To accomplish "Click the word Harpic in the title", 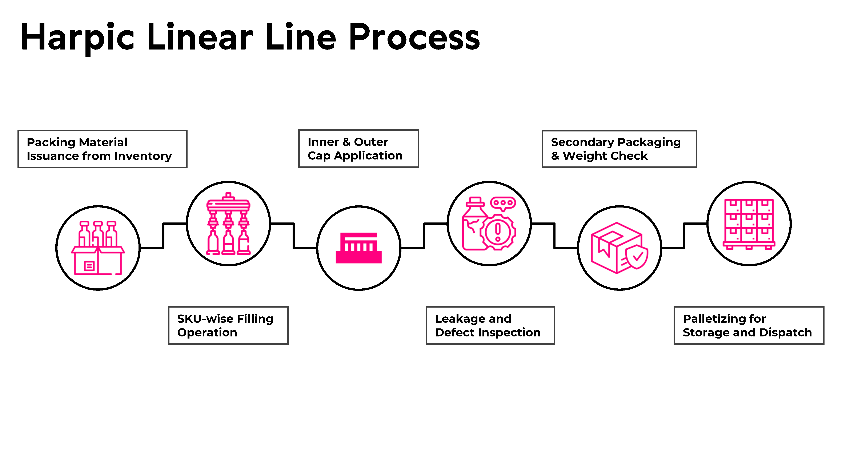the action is tap(77, 38).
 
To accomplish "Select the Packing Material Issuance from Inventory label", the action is tap(102, 149).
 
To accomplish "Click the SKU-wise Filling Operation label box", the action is tap(228, 325).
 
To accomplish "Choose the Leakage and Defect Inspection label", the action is tap(490, 325).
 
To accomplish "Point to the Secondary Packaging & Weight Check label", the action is tap(620, 149).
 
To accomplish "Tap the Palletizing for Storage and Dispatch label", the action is tap(749, 325).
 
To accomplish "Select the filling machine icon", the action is tap(228, 224).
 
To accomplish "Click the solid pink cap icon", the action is tap(358, 248).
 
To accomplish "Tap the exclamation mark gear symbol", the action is tap(498, 232).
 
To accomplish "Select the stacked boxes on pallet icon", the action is tap(749, 224).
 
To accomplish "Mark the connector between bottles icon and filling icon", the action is tap(163, 236).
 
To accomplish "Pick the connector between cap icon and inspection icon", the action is tap(424, 236).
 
